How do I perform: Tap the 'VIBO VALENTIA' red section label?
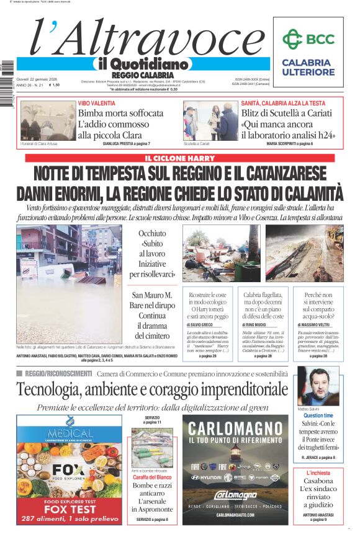(x=97, y=103)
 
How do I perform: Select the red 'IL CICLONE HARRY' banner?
(x=179, y=158)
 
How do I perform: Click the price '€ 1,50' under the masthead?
(x=55, y=85)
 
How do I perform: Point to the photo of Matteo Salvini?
(x=318, y=386)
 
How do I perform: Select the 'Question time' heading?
(x=318, y=415)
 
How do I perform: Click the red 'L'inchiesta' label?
(x=318, y=473)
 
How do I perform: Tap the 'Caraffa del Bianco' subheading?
(x=152, y=477)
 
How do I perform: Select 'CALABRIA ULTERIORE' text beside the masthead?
(x=307, y=67)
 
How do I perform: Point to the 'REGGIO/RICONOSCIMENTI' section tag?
(x=58, y=374)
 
